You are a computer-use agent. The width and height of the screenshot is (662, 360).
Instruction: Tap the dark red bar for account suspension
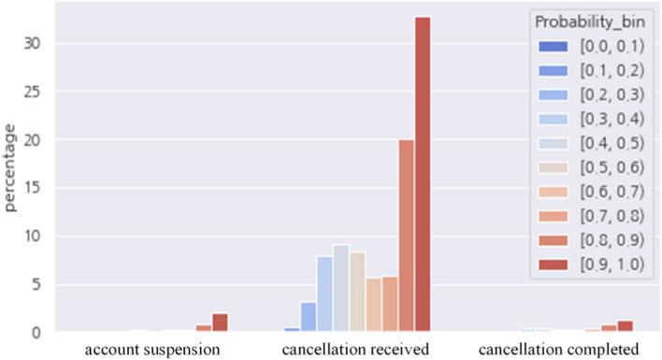220,323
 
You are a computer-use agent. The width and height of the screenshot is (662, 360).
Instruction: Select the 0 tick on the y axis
35,332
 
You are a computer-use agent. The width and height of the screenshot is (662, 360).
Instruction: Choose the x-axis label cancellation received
355,350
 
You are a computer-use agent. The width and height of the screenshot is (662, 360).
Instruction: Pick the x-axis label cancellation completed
558,350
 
